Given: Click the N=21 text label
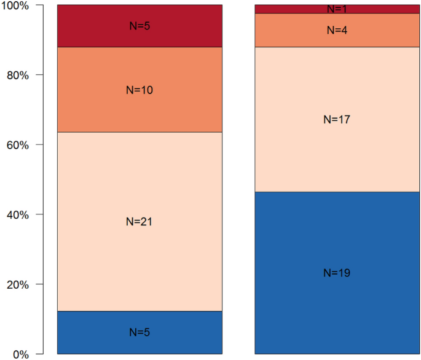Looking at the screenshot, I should point(139,222).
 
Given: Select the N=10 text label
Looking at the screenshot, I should point(139,90).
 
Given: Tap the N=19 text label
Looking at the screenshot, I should point(337,273).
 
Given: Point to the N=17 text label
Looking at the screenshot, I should point(337,120).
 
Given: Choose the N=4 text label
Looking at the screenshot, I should point(337,30).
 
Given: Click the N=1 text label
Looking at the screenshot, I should point(337,9).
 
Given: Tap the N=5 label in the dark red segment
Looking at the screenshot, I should point(139,26).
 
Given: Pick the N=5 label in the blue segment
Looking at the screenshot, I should point(139,332).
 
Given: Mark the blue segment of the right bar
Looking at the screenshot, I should point(289,295).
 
